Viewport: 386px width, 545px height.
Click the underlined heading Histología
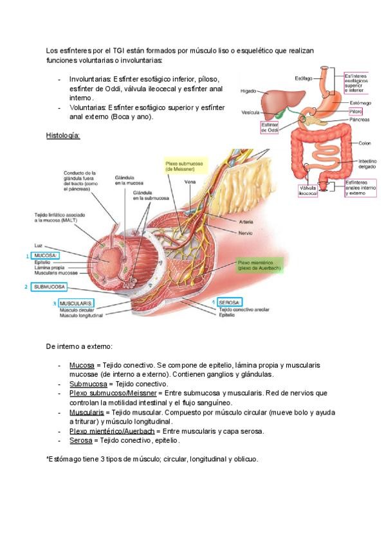point(63,136)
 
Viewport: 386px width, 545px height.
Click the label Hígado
point(248,91)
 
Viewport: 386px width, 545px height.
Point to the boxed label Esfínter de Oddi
point(269,127)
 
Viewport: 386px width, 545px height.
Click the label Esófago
point(304,78)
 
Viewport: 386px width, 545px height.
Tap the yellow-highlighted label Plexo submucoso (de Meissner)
point(182,166)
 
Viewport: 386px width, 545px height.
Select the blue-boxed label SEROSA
point(229,301)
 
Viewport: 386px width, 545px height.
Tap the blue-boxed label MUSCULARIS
point(76,302)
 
